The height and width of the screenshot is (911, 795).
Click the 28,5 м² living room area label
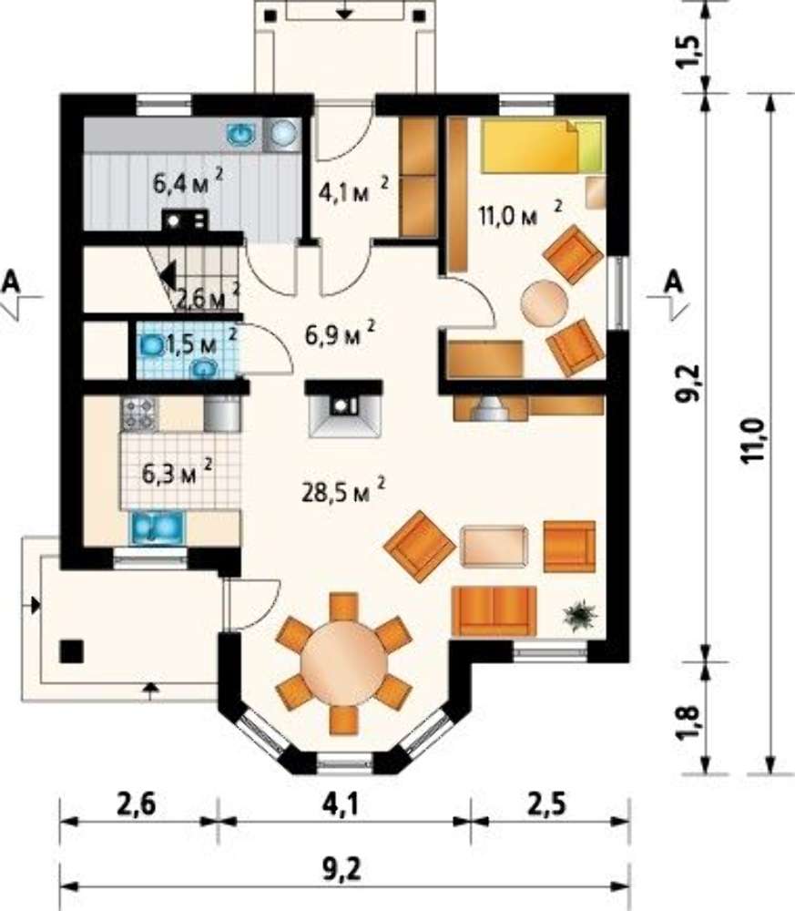343,492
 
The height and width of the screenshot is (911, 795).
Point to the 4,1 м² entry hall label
353,190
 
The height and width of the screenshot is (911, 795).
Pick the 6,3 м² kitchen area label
178,473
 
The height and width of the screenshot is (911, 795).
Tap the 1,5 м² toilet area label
201,343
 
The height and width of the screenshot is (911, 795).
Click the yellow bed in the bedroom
542,146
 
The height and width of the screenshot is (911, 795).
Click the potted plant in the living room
579,616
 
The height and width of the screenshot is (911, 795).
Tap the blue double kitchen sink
157,527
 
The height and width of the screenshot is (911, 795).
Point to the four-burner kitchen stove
138,413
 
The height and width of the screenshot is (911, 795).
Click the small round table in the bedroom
545,302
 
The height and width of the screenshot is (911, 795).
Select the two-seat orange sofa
494,610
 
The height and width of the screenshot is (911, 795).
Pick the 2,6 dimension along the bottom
137,806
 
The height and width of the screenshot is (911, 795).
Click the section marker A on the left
11,281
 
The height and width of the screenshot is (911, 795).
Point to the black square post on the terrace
71,650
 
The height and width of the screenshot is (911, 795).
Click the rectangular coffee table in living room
494,546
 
